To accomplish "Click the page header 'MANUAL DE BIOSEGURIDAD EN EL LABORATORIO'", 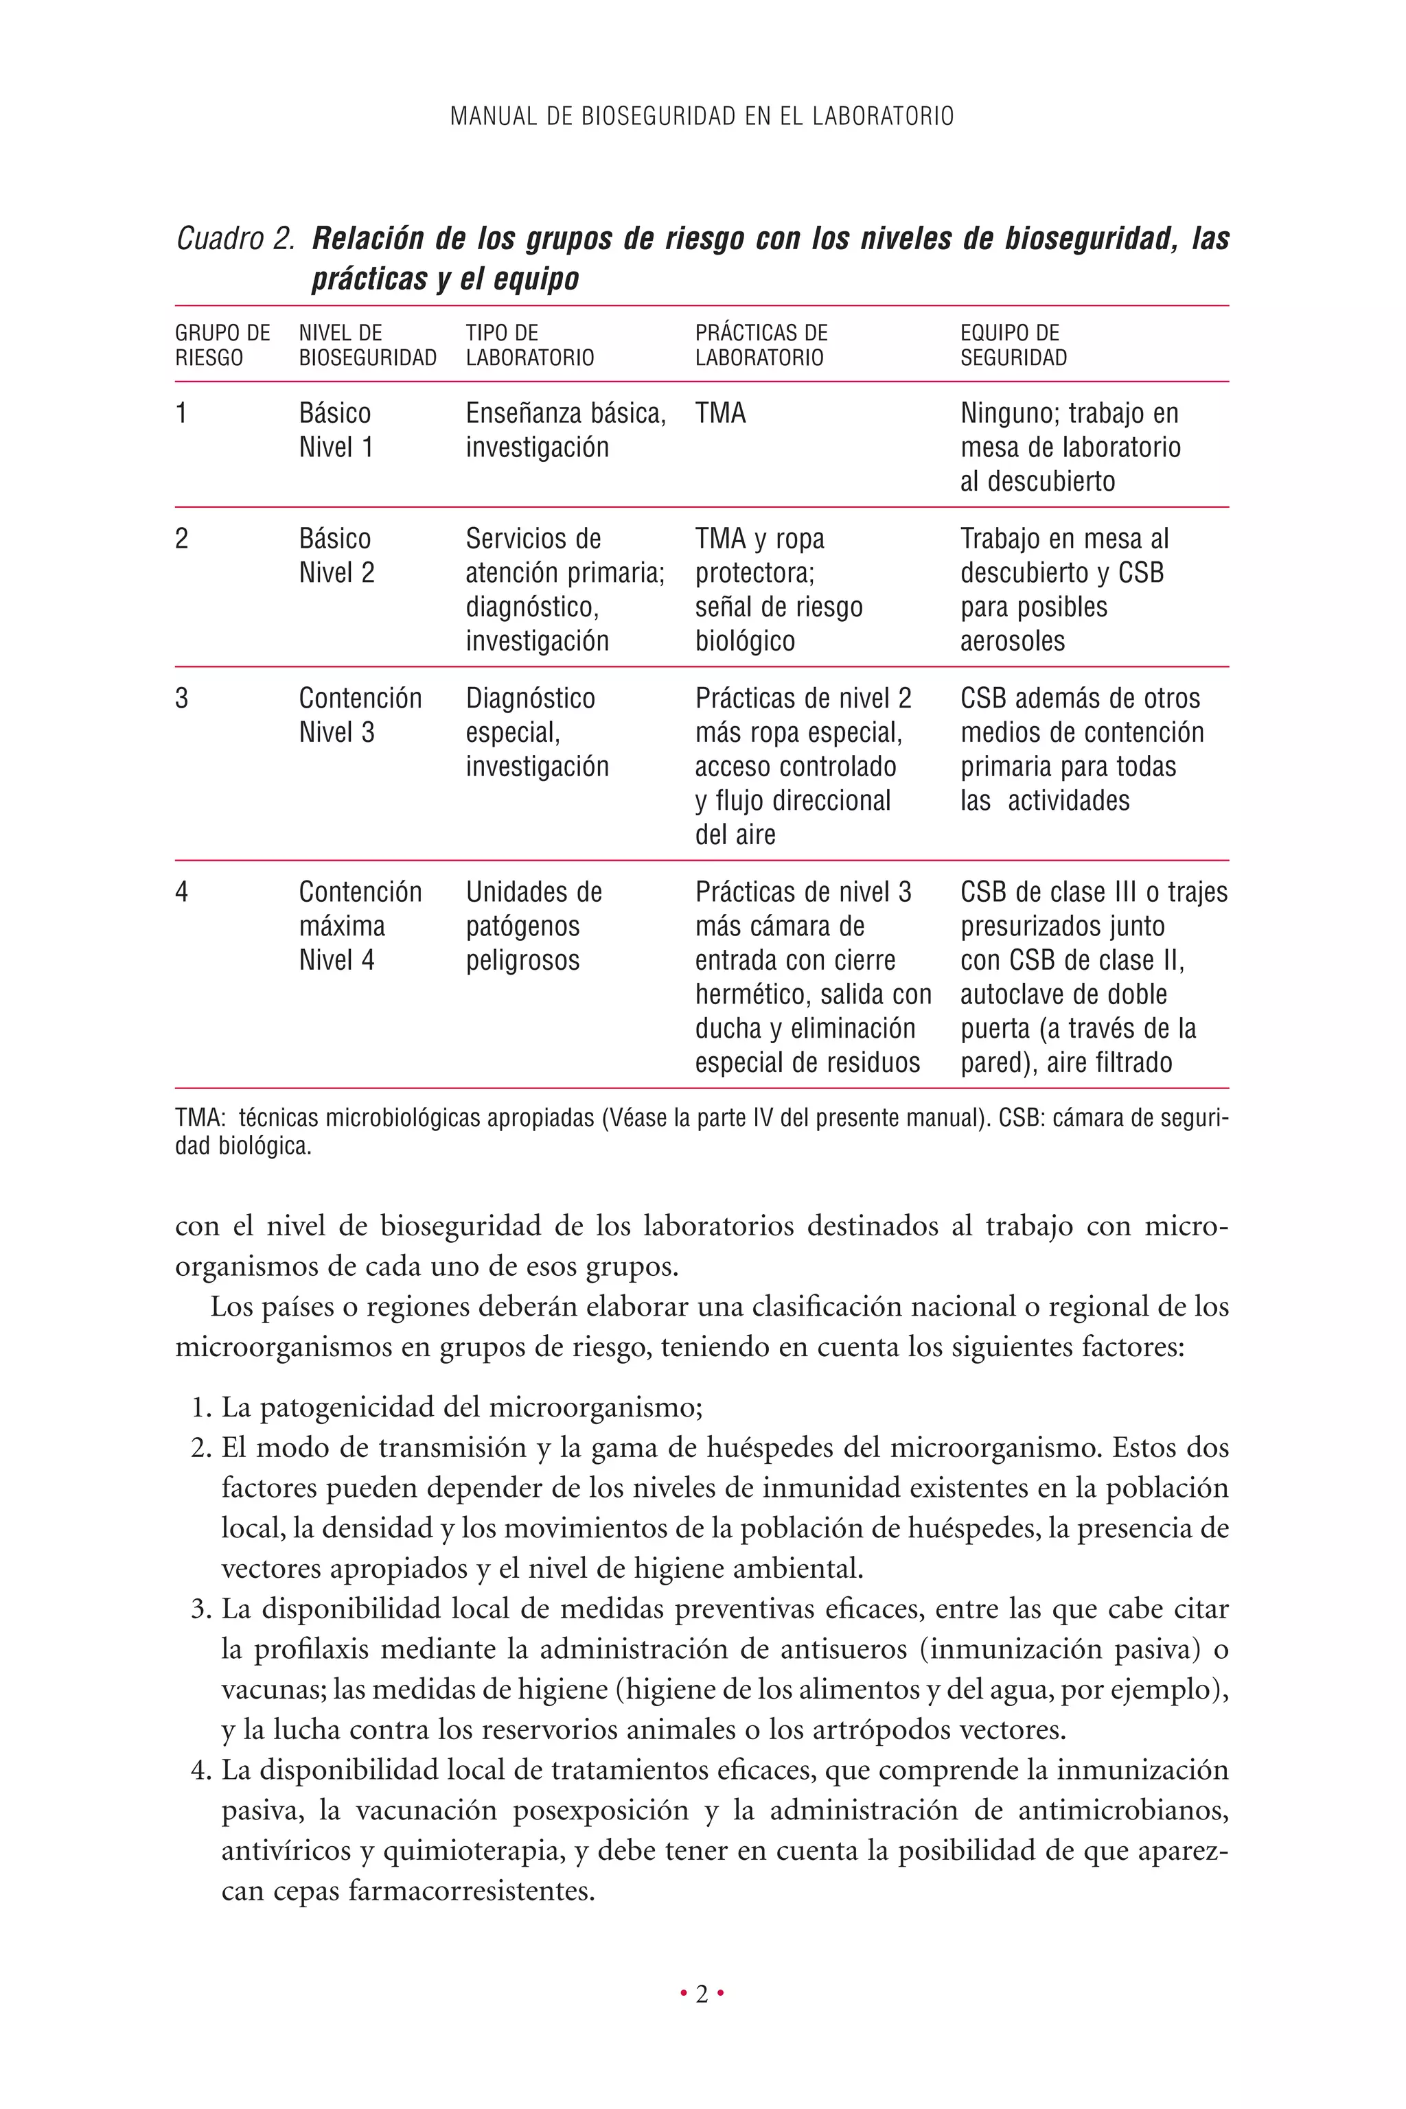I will pyautogui.click(x=702, y=117).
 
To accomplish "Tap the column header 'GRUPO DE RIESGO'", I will pyautogui.click(x=222, y=345).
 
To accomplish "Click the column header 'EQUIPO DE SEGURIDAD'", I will pyautogui.click(x=1013, y=345).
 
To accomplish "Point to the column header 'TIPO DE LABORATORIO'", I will pyautogui.click(x=529, y=345).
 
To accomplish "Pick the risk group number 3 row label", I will pyautogui.click(x=182, y=698).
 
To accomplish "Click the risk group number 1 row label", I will pyautogui.click(x=181, y=413).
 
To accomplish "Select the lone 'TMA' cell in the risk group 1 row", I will pyautogui.click(x=720, y=413).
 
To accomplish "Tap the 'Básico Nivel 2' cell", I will pyautogui.click(x=336, y=556).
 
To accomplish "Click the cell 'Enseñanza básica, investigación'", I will pyautogui.click(x=565, y=430).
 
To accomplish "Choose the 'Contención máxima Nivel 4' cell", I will pyautogui.click(x=360, y=926).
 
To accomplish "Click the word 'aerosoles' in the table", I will pyautogui.click(x=1013, y=641).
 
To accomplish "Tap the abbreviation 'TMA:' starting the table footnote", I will pyautogui.click(x=199, y=1119).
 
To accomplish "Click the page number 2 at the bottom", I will pyautogui.click(x=702, y=1994).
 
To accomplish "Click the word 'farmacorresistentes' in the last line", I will pyautogui.click(x=471, y=1891).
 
